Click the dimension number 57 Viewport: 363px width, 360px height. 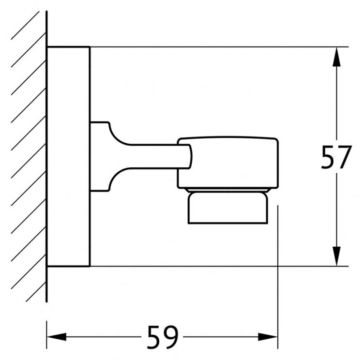click(x=336, y=157)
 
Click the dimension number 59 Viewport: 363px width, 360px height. click(x=163, y=337)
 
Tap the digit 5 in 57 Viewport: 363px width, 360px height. click(x=328, y=157)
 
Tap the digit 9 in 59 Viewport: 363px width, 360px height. click(x=171, y=337)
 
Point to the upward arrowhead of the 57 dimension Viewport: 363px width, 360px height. click(x=336, y=57)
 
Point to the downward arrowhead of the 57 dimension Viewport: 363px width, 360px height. click(x=336, y=256)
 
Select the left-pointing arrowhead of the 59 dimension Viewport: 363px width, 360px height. click(x=57, y=337)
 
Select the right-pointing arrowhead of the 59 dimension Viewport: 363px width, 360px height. click(x=268, y=337)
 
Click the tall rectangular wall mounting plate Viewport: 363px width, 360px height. click(x=68, y=157)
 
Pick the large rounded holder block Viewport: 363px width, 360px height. click(x=228, y=163)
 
